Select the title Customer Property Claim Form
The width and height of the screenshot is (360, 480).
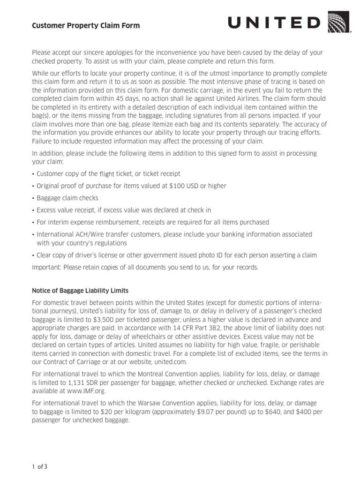[86, 26]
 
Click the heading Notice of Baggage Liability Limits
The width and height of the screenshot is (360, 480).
[80, 291]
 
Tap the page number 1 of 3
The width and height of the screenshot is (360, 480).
[40, 466]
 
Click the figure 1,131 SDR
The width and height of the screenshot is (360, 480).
[75, 383]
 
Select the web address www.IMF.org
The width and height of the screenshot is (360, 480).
[87, 390]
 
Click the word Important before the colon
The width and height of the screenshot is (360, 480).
[46, 267]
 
